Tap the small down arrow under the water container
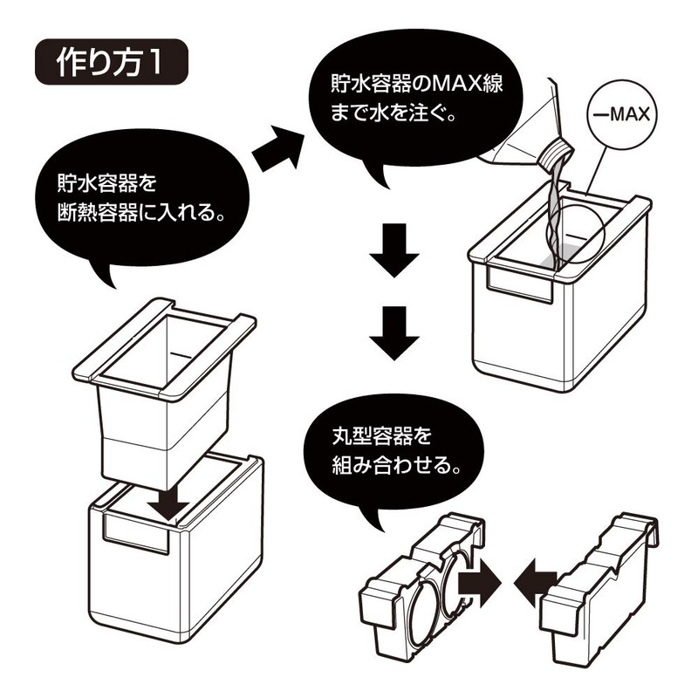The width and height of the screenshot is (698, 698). click(x=168, y=501)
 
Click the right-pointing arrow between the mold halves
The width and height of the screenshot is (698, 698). click(x=477, y=579)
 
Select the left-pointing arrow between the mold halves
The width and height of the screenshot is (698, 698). click(x=535, y=579)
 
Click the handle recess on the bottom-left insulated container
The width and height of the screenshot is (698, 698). click(x=135, y=531)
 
